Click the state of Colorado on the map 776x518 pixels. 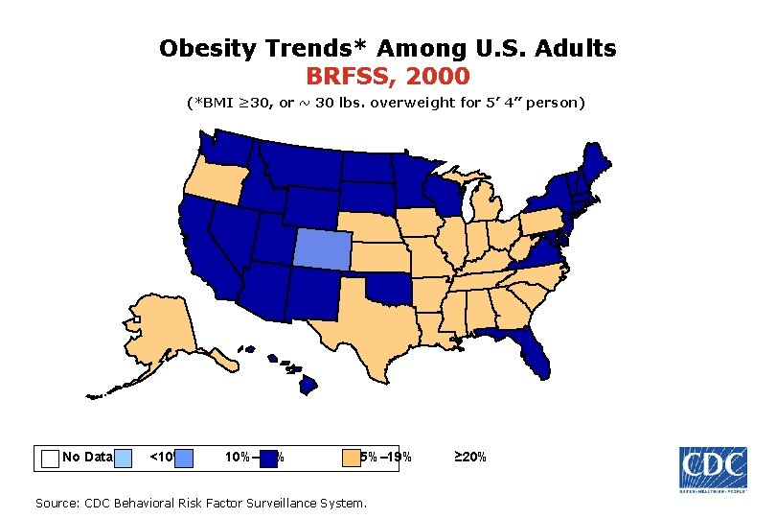tap(323, 248)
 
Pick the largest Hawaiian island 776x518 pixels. tap(308, 385)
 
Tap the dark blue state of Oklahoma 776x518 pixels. tap(388, 288)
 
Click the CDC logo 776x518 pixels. tap(713, 470)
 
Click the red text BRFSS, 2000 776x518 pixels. tap(388, 75)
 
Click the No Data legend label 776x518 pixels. tap(87, 458)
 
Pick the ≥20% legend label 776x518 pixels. tap(468, 458)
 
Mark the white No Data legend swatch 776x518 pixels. tap(50, 458)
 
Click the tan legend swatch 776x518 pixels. tap(352, 458)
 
